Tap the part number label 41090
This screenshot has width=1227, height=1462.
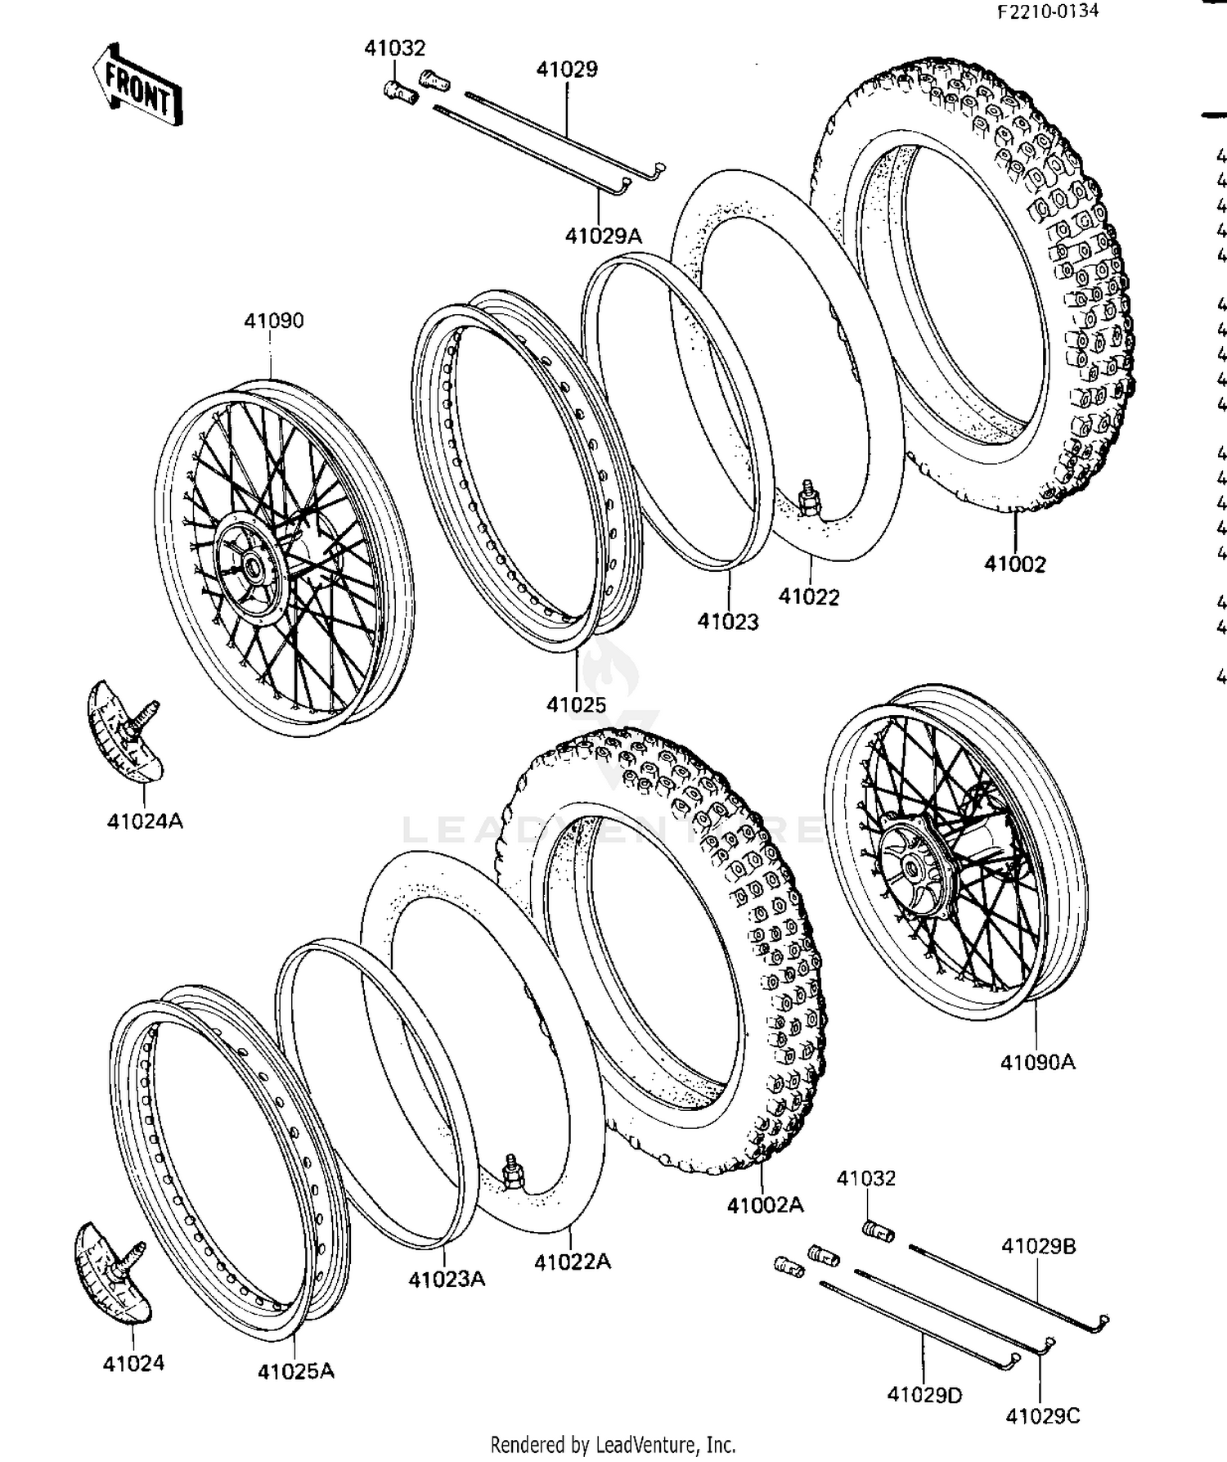pyautogui.click(x=274, y=321)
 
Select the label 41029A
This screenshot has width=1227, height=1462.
pyautogui.click(x=604, y=236)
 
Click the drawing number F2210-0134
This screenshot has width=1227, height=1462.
pyautogui.click(x=1047, y=13)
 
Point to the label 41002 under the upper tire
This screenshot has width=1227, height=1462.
pyautogui.click(x=1014, y=564)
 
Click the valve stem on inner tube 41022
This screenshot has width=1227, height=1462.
pyautogui.click(x=807, y=499)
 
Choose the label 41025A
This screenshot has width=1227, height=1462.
pyautogui.click(x=296, y=1370)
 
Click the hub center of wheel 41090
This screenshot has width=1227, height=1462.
pyautogui.click(x=248, y=567)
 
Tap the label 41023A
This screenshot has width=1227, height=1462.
pyautogui.click(x=447, y=1278)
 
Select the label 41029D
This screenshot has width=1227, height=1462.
pyautogui.click(x=924, y=1394)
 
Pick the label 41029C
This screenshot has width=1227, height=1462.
pyautogui.click(x=1042, y=1415)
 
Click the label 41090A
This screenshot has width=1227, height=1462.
pyautogui.click(x=1037, y=1062)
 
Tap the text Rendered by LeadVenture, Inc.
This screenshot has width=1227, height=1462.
pyautogui.click(x=613, y=1444)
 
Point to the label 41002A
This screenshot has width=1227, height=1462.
pyautogui.click(x=765, y=1204)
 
